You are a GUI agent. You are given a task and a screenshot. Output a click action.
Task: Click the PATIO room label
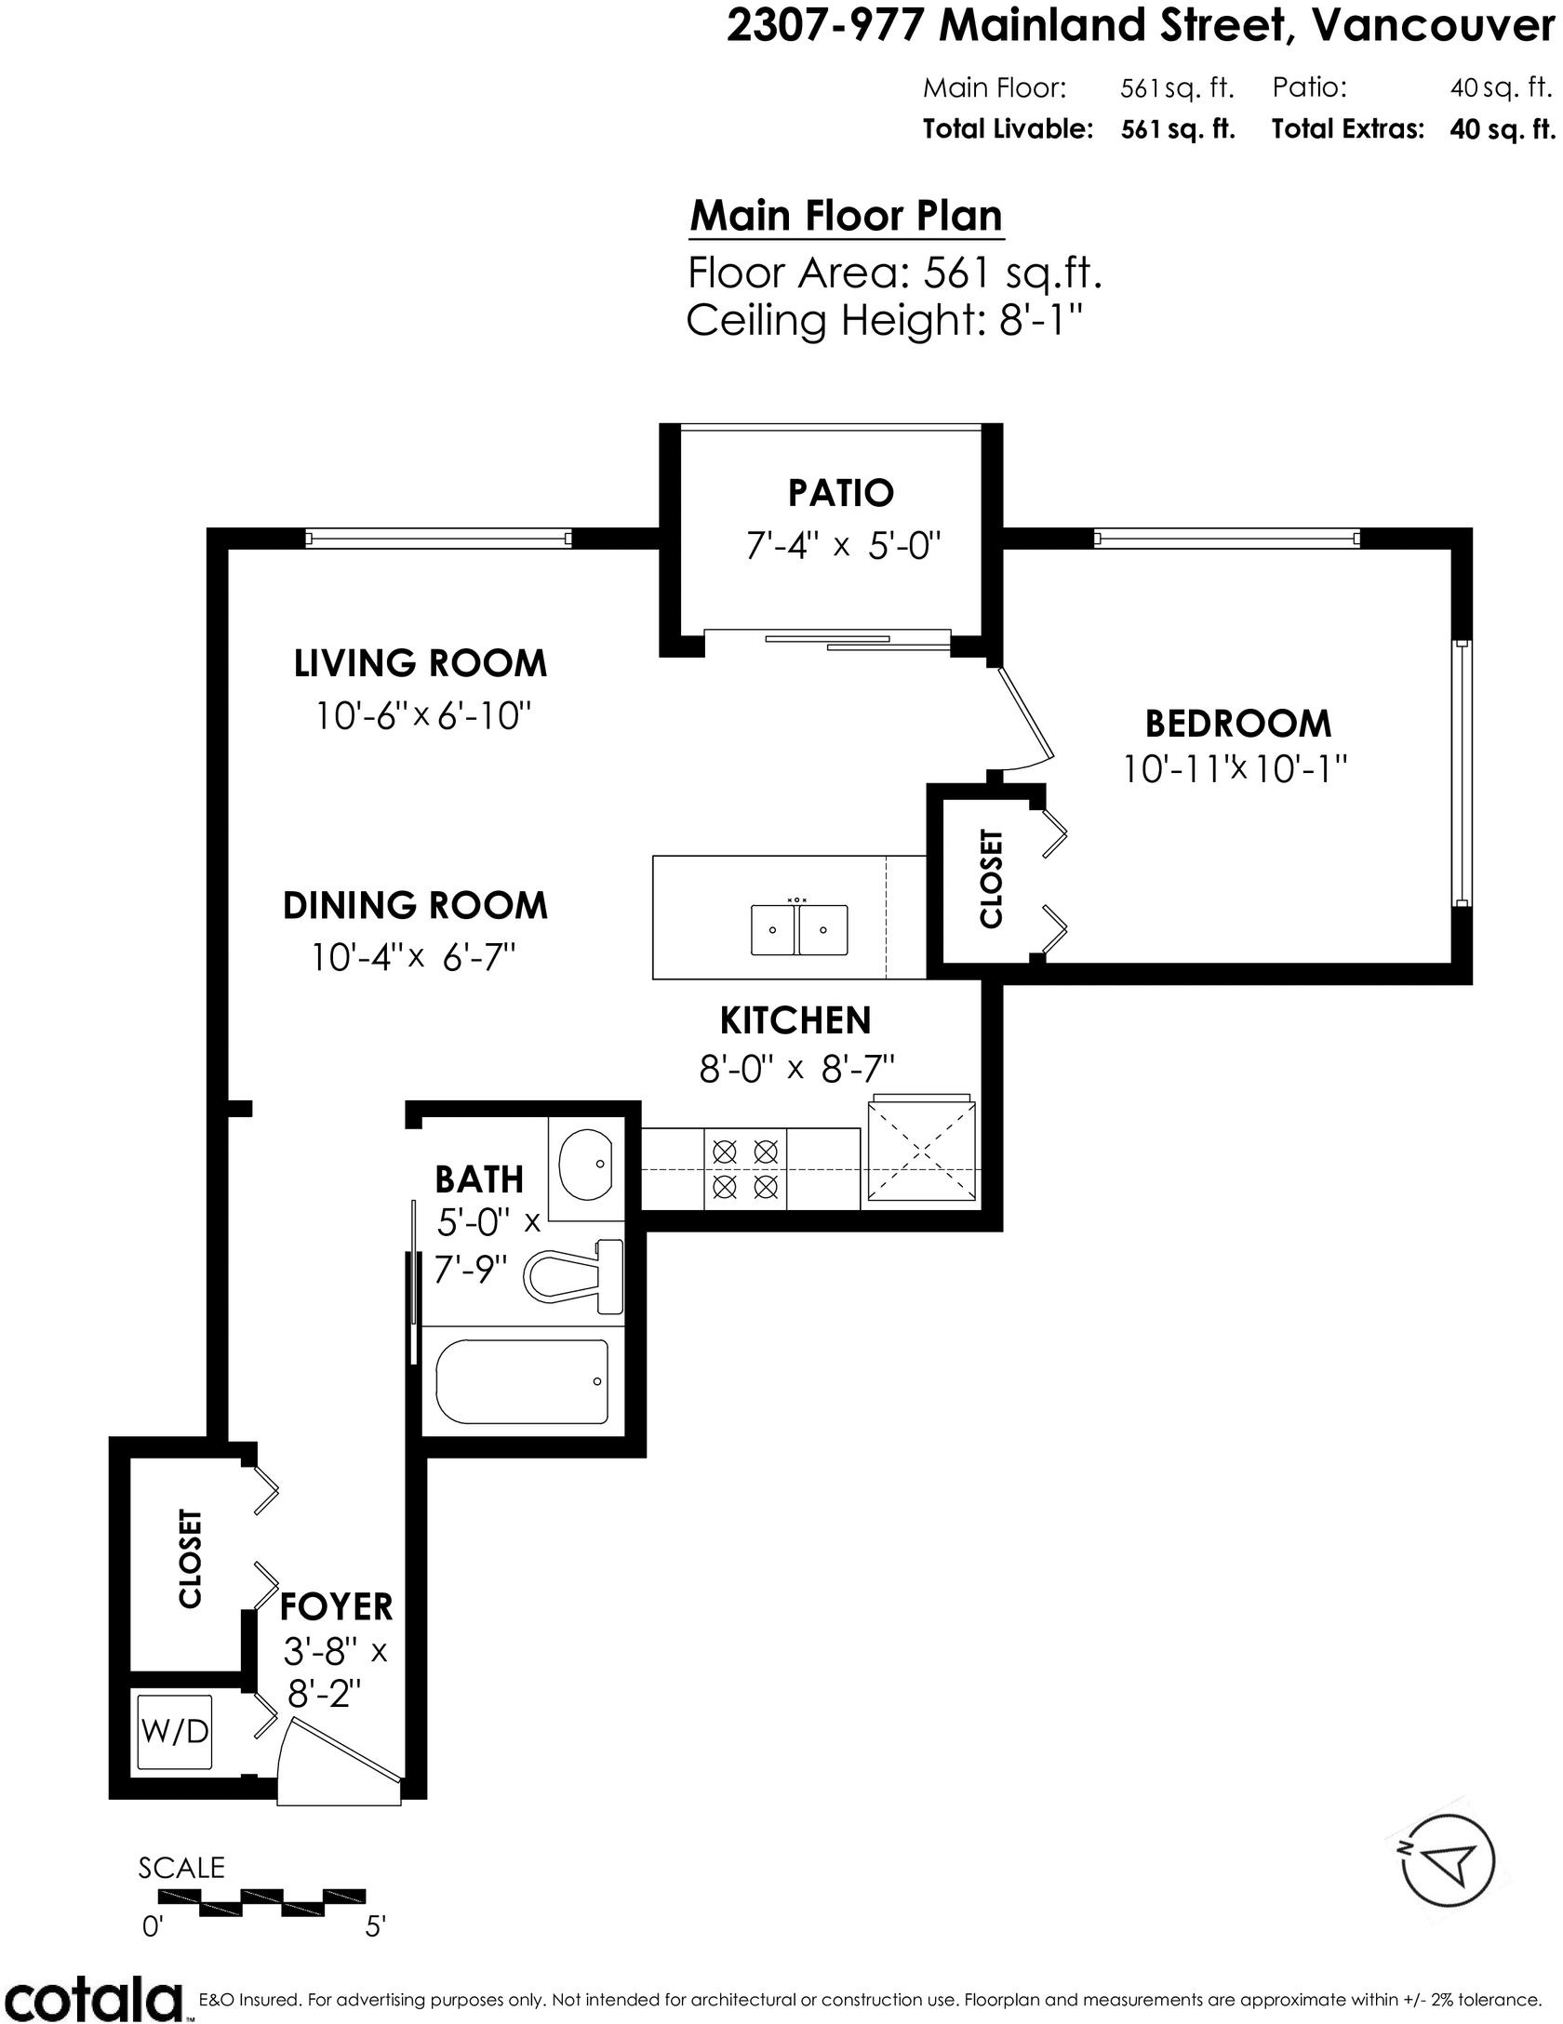(841, 493)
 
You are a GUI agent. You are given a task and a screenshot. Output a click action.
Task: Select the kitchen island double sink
(799, 929)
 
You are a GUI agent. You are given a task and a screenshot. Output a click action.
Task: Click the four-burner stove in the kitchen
(745, 1169)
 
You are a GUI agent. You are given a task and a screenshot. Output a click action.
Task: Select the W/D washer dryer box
(176, 1735)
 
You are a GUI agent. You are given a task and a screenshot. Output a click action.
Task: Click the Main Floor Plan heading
(847, 216)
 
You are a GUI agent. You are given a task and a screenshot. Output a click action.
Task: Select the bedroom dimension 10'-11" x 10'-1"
(1236, 769)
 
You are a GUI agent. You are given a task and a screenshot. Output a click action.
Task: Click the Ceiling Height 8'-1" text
(886, 321)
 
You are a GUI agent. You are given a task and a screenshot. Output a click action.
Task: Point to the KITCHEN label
(795, 1020)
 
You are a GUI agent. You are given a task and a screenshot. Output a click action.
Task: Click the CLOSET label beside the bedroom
(992, 879)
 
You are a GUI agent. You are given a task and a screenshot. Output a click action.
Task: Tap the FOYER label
(336, 1606)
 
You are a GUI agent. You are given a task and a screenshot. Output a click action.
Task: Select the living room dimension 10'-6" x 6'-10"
(423, 716)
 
